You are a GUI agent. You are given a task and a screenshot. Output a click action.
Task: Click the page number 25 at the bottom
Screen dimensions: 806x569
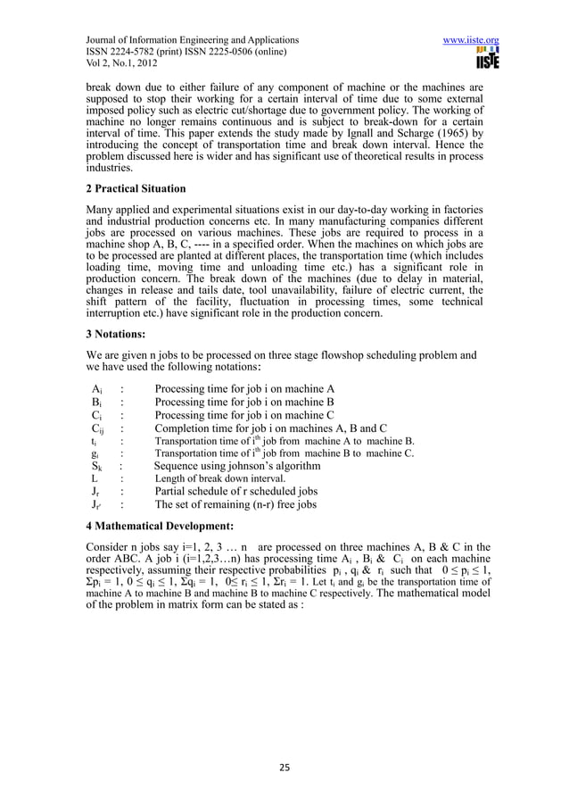coord(284,766)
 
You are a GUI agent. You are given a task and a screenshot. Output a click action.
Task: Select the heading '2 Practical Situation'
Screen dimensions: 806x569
coord(135,189)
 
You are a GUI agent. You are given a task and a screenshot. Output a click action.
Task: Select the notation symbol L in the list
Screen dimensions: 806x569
coord(95,478)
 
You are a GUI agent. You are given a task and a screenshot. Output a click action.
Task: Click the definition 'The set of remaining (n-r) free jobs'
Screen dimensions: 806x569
coord(235,504)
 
